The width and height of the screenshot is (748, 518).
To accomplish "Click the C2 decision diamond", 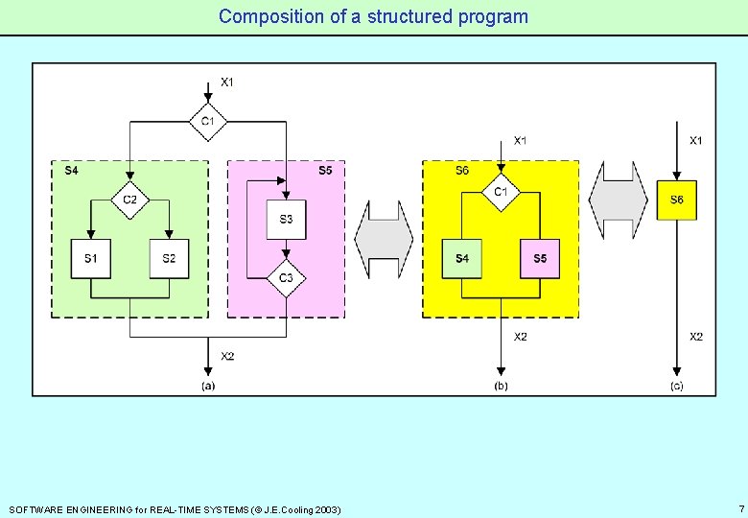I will (129, 200).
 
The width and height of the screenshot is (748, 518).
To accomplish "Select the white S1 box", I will (91, 259).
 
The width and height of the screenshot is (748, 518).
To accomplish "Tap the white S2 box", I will (169, 259).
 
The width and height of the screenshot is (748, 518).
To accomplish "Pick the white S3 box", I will (287, 220).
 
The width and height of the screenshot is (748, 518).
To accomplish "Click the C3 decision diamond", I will (287, 279).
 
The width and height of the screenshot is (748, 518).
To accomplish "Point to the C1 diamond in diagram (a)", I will (208, 122).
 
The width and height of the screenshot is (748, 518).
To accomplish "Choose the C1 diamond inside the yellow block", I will (501, 192).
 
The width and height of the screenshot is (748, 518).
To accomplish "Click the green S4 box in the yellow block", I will (462, 259).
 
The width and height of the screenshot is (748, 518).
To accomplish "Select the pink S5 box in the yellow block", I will (540, 259).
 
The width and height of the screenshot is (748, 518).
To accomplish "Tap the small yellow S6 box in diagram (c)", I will (677, 200).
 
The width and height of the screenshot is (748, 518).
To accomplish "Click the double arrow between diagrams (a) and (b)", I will (384, 240).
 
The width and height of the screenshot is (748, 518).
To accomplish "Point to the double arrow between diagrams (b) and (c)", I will (619, 200).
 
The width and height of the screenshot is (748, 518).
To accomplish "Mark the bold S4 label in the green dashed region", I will (72, 171).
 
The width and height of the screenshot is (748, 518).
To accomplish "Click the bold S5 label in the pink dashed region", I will (325, 171).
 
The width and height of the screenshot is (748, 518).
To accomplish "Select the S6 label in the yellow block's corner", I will (462, 171).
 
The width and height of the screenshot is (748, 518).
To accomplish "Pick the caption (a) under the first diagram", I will (208, 386).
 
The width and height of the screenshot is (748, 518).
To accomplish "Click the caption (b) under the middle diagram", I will (501, 386).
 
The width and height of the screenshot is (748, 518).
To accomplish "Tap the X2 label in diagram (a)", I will (227, 356).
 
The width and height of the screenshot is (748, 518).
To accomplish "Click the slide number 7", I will (740, 507).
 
